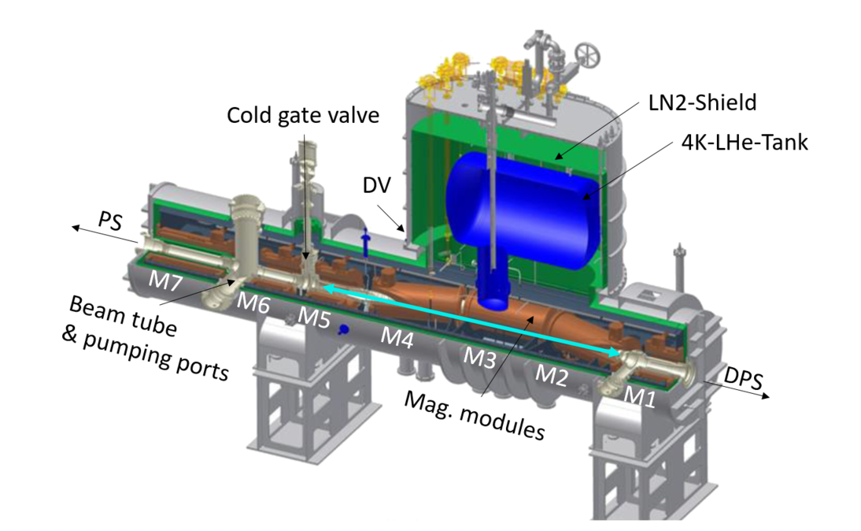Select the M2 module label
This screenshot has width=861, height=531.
(x=552, y=376)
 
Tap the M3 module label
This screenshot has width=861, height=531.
(x=479, y=357)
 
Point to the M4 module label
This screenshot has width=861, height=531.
(x=397, y=336)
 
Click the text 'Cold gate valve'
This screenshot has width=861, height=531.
(x=304, y=116)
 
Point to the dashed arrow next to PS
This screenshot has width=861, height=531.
(x=85, y=228)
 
